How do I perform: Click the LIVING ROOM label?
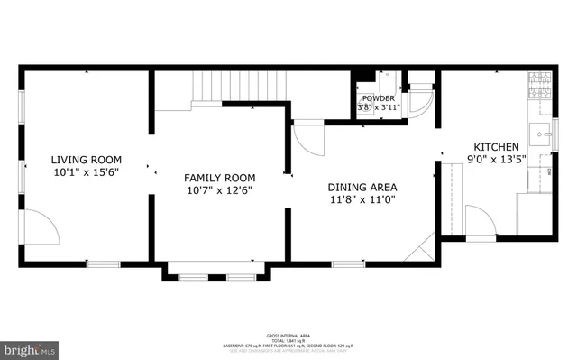coord(86,159)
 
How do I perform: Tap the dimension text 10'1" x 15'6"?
coord(86,171)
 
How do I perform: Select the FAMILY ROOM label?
coord(220,178)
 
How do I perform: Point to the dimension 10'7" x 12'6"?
coord(220,190)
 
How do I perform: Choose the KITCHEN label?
coord(497,147)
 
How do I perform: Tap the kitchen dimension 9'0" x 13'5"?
coord(497,161)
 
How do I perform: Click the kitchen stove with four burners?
coord(540,87)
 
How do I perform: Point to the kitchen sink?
coord(542,137)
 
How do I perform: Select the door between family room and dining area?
coord(308,137)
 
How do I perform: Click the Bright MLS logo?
coord(30,347)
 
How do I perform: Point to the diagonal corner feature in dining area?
coord(419,246)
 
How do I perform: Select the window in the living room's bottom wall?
coord(103,263)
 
